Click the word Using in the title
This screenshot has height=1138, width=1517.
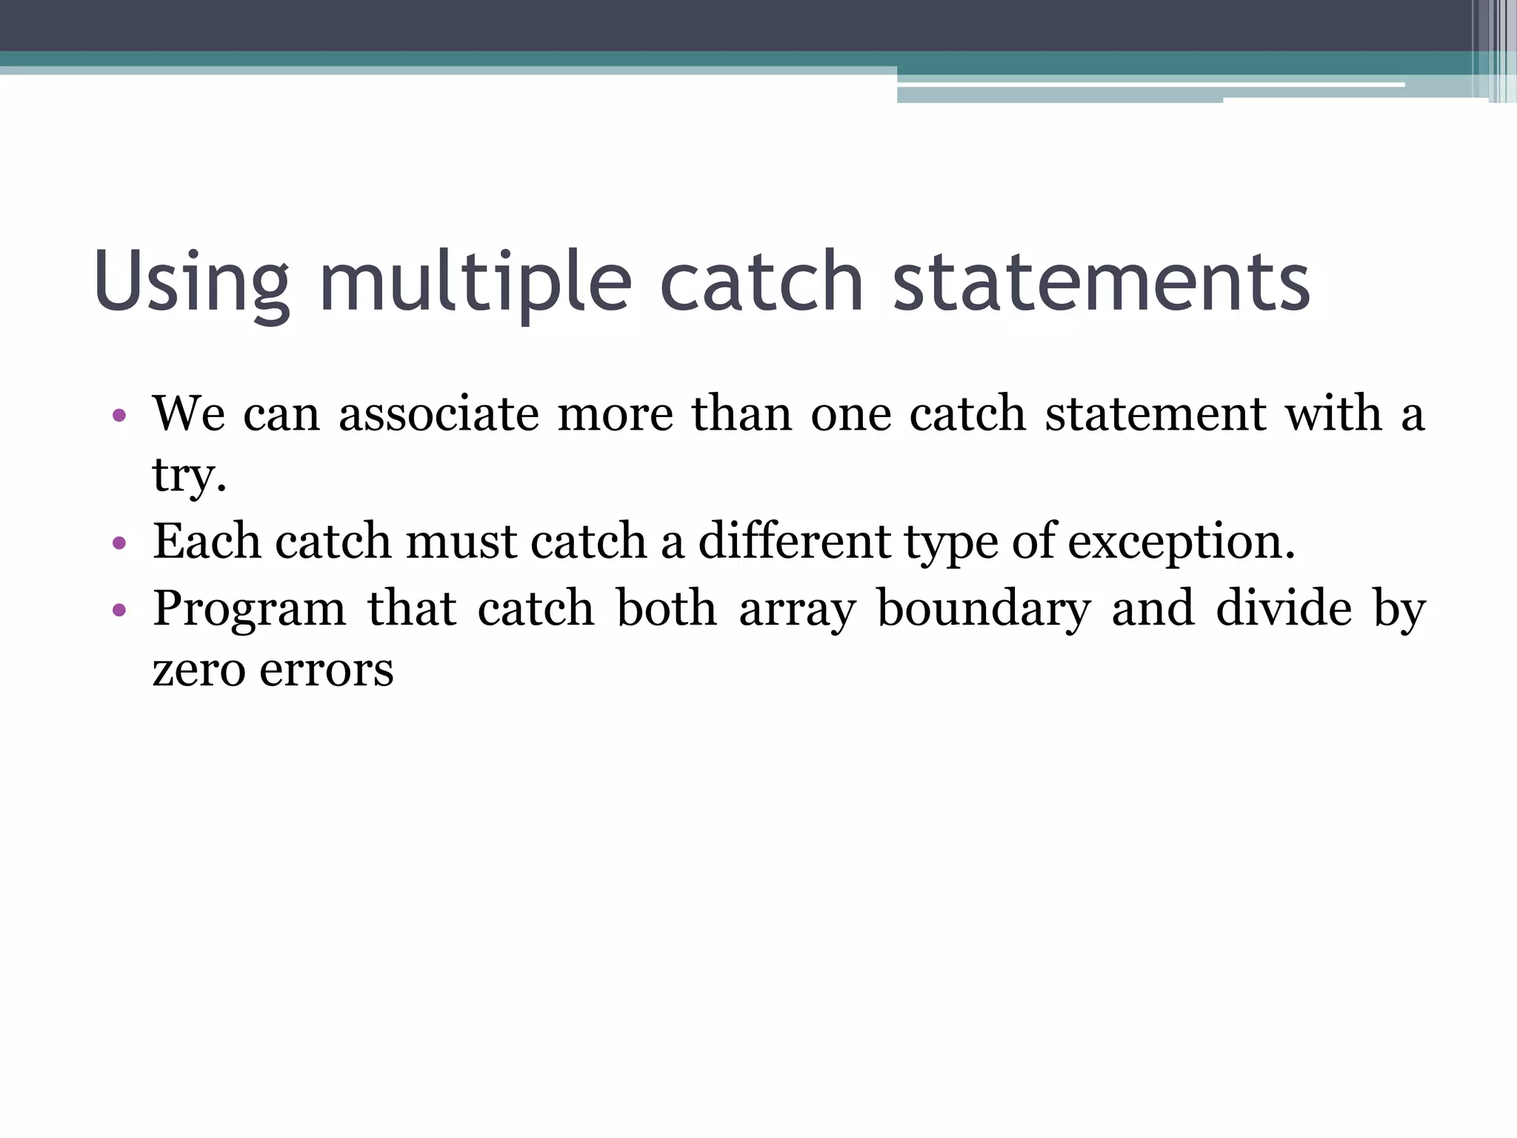pyautogui.click(x=191, y=282)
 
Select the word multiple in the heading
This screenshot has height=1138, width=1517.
pyautogui.click(x=475, y=282)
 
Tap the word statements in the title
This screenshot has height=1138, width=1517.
pyautogui.click(x=1101, y=282)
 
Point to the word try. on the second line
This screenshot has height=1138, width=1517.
pyautogui.click(x=189, y=476)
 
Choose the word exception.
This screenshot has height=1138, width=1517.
pyautogui.click(x=1181, y=542)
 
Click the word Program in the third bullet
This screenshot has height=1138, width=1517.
pyautogui.click(x=250, y=609)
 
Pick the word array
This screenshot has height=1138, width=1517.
pyautogui.click(x=797, y=609)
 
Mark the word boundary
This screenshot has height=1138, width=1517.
pyautogui.click(x=984, y=609)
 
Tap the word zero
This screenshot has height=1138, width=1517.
pyautogui.click(x=199, y=671)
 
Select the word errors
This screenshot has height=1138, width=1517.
pyautogui.click(x=326, y=671)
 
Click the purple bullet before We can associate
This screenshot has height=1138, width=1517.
pyautogui.click(x=119, y=416)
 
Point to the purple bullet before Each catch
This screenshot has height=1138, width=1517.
pyautogui.click(x=119, y=544)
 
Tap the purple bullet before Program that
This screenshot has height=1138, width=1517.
pyautogui.click(x=119, y=611)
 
